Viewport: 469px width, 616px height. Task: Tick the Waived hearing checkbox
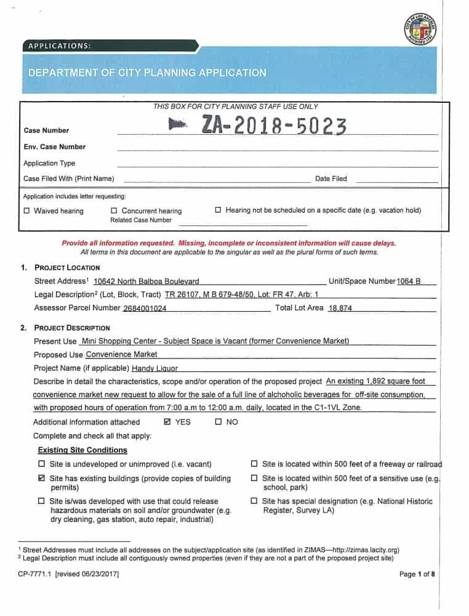click(26, 211)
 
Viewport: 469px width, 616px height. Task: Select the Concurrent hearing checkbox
click(114, 211)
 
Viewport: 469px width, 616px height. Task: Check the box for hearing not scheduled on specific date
click(218, 211)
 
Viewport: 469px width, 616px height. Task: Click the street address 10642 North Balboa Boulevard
click(146, 282)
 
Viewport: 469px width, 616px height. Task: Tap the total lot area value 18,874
click(340, 308)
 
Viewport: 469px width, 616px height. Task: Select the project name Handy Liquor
click(154, 368)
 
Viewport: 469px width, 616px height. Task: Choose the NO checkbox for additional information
click(218, 423)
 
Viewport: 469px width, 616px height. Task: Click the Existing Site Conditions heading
click(82, 450)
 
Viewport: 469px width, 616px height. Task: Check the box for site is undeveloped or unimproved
click(42, 464)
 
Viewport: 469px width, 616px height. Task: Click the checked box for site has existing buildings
click(42, 479)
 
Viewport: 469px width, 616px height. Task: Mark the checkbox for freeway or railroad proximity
click(254, 464)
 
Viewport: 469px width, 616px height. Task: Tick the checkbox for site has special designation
click(254, 501)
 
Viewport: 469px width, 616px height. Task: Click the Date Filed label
click(331, 179)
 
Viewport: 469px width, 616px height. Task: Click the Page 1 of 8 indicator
click(417, 574)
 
